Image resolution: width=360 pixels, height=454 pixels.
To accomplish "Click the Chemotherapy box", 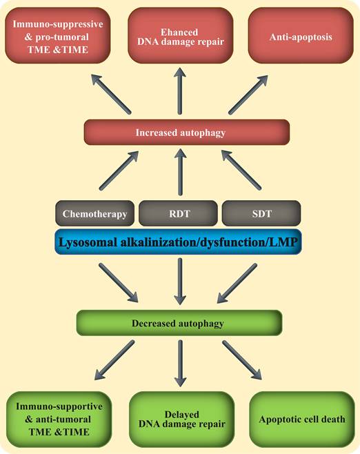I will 93,214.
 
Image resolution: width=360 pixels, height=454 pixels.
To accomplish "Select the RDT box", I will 179,214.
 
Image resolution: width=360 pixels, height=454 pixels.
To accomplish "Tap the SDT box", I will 261,214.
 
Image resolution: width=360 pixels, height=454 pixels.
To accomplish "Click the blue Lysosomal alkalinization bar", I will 179,243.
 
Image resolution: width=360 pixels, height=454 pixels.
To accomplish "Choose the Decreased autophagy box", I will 179,322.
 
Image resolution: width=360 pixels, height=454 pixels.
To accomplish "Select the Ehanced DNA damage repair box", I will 181,34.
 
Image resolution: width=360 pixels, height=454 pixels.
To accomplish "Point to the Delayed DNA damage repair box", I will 179,419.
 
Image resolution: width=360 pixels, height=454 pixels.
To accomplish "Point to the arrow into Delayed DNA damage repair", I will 180,362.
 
